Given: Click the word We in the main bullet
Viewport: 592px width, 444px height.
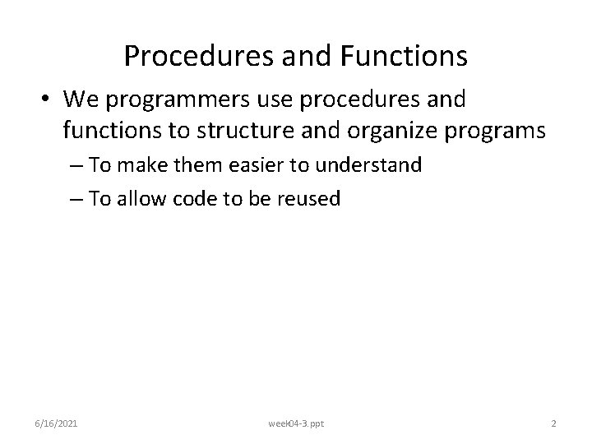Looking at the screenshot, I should click(x=80, y=100).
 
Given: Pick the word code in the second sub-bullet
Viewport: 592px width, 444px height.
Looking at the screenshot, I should click(x=193, y=198).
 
